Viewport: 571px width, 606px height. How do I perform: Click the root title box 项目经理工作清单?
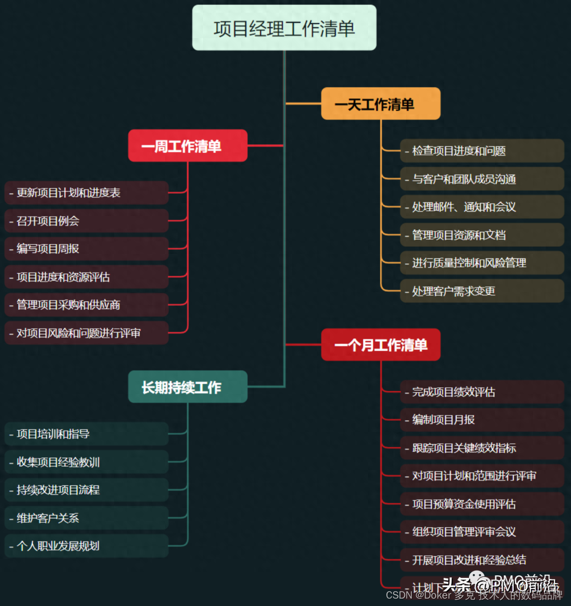pos(284,28)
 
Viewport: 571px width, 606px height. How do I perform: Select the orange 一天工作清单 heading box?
pos(381,104)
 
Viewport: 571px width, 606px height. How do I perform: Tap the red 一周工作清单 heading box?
pos(188,146)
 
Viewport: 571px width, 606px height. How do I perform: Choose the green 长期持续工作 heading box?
pos(188,387)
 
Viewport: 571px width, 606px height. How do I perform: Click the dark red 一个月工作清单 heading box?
pos(381,345)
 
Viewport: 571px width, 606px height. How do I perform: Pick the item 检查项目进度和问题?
pos(482,151)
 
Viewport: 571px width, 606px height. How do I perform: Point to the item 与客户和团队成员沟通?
pos(482,179)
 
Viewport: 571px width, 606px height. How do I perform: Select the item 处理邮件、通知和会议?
pos(482,207)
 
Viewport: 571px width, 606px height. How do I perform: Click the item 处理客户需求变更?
pos(482,291)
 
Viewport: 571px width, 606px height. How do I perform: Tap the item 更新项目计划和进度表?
pos(87,193)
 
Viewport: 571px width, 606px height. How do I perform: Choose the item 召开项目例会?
pos(87,221)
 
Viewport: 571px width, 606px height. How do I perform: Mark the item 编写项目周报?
pos(87,249)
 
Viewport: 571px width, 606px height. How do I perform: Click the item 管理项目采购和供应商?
pos(87,305)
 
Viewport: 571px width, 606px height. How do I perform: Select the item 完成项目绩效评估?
pos(482,392)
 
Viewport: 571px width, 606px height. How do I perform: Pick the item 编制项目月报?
pos(482,420)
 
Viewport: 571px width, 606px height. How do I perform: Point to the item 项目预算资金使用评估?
pos(482,504)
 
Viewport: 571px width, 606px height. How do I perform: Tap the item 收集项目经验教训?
pos(87,462)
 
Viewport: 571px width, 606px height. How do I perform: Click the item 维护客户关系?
pos(87,518)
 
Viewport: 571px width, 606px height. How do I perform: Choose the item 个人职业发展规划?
pos(87,546)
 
